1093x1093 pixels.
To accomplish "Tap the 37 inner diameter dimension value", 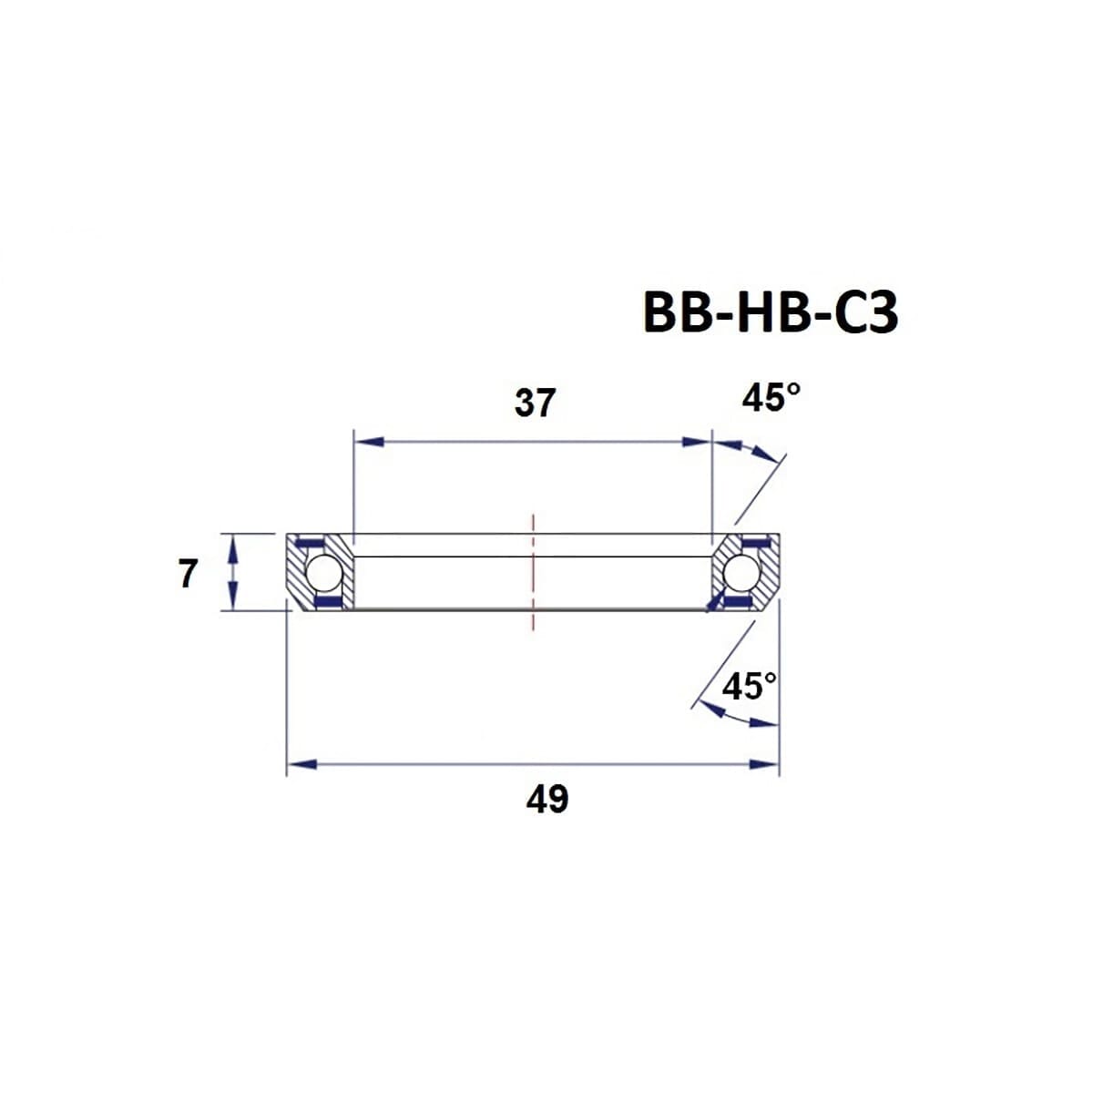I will pos(535,403).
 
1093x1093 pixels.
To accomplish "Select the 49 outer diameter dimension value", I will pos(546,799).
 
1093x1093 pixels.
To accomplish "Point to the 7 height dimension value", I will pos(188,575).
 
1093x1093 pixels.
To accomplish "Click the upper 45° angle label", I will pos(771,398).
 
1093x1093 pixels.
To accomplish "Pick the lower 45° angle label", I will pos(750,686).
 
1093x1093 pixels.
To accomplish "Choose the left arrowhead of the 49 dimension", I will pos(301,763).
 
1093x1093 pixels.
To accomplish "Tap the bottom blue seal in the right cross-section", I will pos(740,602).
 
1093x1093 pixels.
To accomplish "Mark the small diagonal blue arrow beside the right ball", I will pos(716,600).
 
